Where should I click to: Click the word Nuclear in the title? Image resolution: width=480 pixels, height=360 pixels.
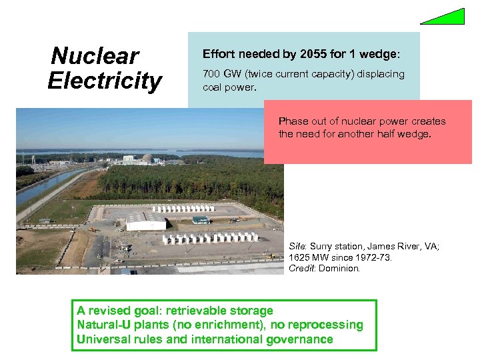coord(95,56)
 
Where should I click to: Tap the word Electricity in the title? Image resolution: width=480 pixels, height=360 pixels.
coord(105,81)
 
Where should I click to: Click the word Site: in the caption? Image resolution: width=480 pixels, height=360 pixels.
coord(299,247)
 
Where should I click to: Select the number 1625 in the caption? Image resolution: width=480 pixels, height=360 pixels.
coord(301,257)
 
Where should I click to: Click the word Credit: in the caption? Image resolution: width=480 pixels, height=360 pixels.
coord(303,268)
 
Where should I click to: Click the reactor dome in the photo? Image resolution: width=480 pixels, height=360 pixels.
coord(147,158)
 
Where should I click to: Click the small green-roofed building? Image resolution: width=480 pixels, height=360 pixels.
coord(201,219)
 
